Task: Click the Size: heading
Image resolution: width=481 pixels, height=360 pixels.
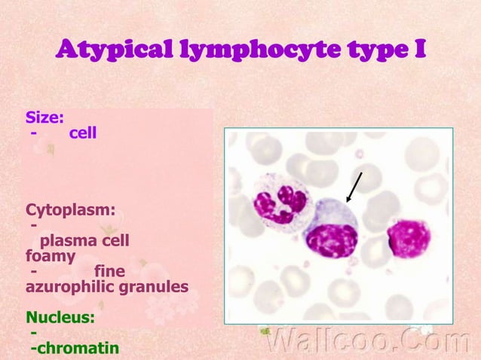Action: tap(44, 117)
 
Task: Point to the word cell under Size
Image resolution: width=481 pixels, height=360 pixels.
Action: tap(83, 133)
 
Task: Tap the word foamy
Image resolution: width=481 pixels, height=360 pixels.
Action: tap(51, 256)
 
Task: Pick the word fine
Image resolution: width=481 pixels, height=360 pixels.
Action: tap(110, 271)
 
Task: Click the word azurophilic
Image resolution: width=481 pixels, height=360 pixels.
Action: tap(71, 287)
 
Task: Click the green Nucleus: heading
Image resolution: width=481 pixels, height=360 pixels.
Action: tap(60, 317)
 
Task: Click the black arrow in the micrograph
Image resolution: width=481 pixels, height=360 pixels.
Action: tap(354, 187)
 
